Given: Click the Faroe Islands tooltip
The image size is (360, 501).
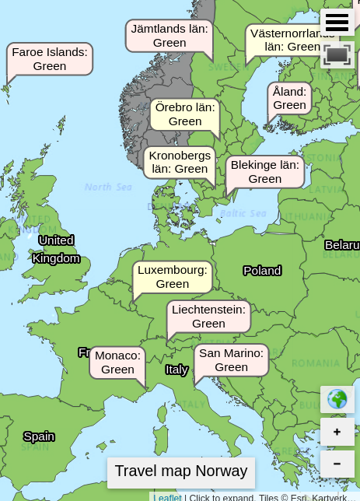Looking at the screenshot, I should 50,59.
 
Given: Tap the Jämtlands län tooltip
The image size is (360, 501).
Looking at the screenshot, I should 170,36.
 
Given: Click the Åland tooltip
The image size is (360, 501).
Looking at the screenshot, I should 290,98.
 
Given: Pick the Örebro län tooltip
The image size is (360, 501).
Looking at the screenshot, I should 185,114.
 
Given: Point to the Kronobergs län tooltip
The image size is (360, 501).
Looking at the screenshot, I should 180,162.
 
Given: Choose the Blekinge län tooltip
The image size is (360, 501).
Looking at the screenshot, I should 265,172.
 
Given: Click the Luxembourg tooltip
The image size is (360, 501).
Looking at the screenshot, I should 173,277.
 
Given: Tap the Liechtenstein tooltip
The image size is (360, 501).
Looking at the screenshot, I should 208,317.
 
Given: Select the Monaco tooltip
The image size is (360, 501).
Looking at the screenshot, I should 117,363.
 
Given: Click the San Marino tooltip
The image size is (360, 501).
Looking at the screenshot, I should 231,360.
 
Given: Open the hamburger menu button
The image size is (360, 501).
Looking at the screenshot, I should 337,23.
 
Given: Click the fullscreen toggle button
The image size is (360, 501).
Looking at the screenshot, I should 337,55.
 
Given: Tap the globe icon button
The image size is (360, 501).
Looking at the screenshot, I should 337,399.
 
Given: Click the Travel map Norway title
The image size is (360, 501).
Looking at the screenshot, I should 181,471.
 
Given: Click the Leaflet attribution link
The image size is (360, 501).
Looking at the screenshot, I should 167,497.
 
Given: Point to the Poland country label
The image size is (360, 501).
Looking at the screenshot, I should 262,271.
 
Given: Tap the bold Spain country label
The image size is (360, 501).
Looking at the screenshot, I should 39,436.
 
